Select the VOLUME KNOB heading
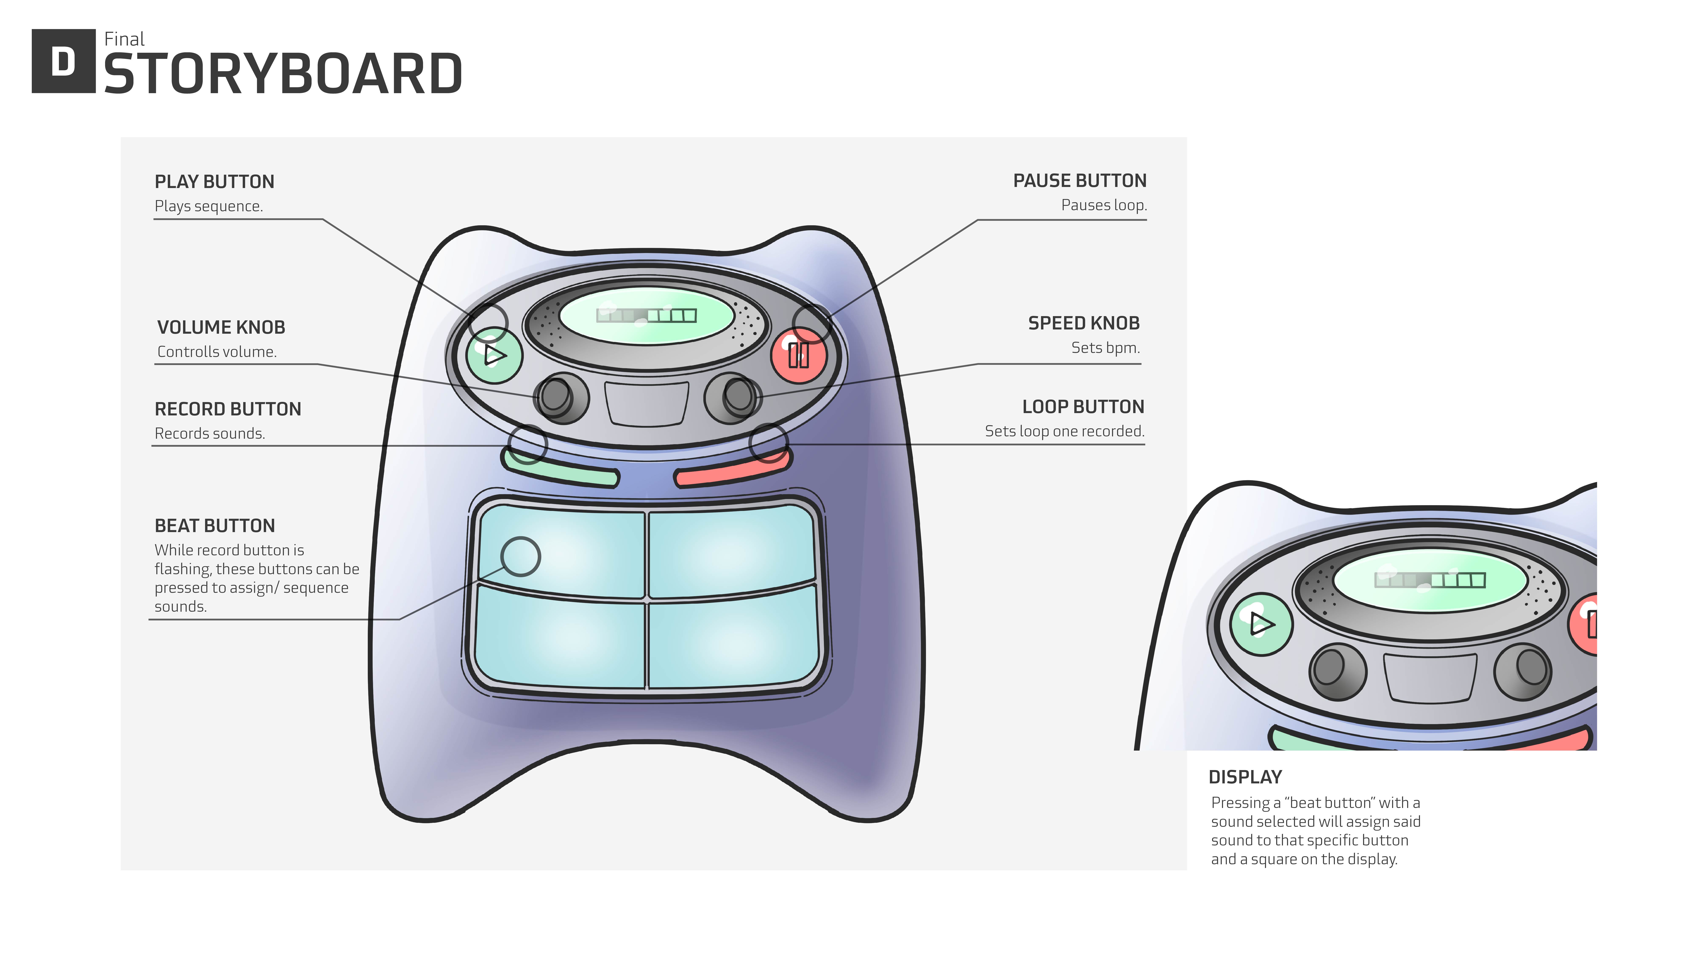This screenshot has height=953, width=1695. point(221,328)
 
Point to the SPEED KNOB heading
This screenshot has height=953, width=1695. point(1084,324)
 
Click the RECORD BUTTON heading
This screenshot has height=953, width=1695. point(228,409)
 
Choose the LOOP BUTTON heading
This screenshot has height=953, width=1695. point(1083,407)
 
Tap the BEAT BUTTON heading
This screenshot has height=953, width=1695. point(215,526)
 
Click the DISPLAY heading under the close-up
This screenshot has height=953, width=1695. point(1245,777)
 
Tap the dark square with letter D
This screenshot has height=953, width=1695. point(63,61)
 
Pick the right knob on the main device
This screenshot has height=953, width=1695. point(732,397)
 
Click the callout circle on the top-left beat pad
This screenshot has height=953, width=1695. point(521,556)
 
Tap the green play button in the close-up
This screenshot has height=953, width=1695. point(1261,624)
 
